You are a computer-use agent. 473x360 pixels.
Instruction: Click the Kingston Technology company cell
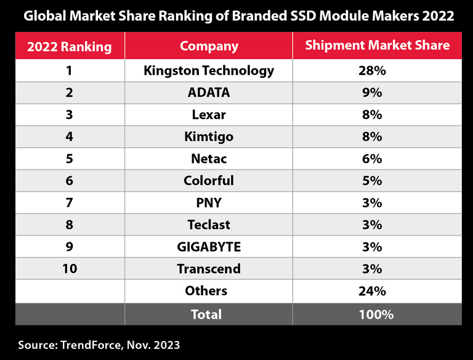point(209,71)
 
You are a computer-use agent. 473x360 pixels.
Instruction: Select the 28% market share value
point(372,71)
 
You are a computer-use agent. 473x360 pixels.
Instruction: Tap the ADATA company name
point(209,93)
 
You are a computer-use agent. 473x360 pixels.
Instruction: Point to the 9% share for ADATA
point(372,93)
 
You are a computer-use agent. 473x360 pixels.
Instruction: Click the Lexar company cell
point(209,115)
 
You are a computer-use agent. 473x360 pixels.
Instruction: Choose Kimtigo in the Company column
point(209,137)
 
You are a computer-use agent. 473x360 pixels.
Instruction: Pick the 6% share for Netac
point(372,159)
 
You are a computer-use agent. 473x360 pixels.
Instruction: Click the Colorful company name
point(209,181)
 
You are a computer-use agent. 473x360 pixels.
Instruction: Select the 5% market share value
point(372,181)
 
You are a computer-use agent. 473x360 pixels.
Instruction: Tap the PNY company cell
point(209,203)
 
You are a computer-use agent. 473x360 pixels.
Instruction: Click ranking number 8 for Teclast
point(69,225)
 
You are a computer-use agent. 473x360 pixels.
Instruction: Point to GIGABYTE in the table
point(209,247)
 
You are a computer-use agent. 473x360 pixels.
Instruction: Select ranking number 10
point(69,269)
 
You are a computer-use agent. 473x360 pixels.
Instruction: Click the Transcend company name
point(209,269)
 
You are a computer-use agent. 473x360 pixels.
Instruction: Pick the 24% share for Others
point(372,291)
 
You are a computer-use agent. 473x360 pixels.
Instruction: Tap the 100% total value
point(376,314)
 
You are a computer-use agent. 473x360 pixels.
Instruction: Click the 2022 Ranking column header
point(69,46)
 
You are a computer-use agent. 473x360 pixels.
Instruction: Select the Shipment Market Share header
point(378,46)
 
